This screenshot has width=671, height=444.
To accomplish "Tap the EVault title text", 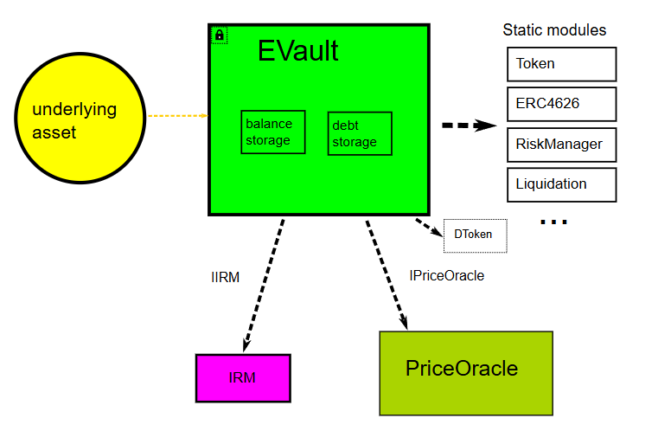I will [x=297, y=51].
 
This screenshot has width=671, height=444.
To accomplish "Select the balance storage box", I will [x=272, y=132].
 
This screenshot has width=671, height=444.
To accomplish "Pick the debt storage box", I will [x=359, y=133].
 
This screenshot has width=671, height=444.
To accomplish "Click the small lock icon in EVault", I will [x=219, y=35].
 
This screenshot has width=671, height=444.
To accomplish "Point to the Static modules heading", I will [x=554, y=29].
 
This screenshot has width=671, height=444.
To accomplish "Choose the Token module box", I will [x=560, y=64].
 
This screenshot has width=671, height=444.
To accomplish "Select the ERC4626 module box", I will [x=560, y=104].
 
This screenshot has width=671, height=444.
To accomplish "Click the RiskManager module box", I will [x=560, y=144].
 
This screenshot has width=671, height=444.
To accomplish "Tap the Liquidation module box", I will [x=560, y=184].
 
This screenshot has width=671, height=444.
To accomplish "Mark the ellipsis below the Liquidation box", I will [x=553, y=222].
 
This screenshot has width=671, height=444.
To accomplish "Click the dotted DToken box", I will [x=475, y=235].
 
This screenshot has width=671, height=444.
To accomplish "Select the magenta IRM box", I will [x=243, y=378].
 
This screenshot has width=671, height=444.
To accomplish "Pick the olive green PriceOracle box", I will [x=465, y=372].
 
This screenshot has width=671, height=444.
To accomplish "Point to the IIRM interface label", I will [x=225, y=278].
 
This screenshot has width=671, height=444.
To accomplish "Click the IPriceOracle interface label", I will [x=446, y=276].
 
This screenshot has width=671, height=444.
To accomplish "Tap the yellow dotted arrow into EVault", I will [x=177, y=115].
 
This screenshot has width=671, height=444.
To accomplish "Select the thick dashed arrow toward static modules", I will [x=469, y=125].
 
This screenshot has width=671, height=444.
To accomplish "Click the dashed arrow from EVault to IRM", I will [x=264, y=283].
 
